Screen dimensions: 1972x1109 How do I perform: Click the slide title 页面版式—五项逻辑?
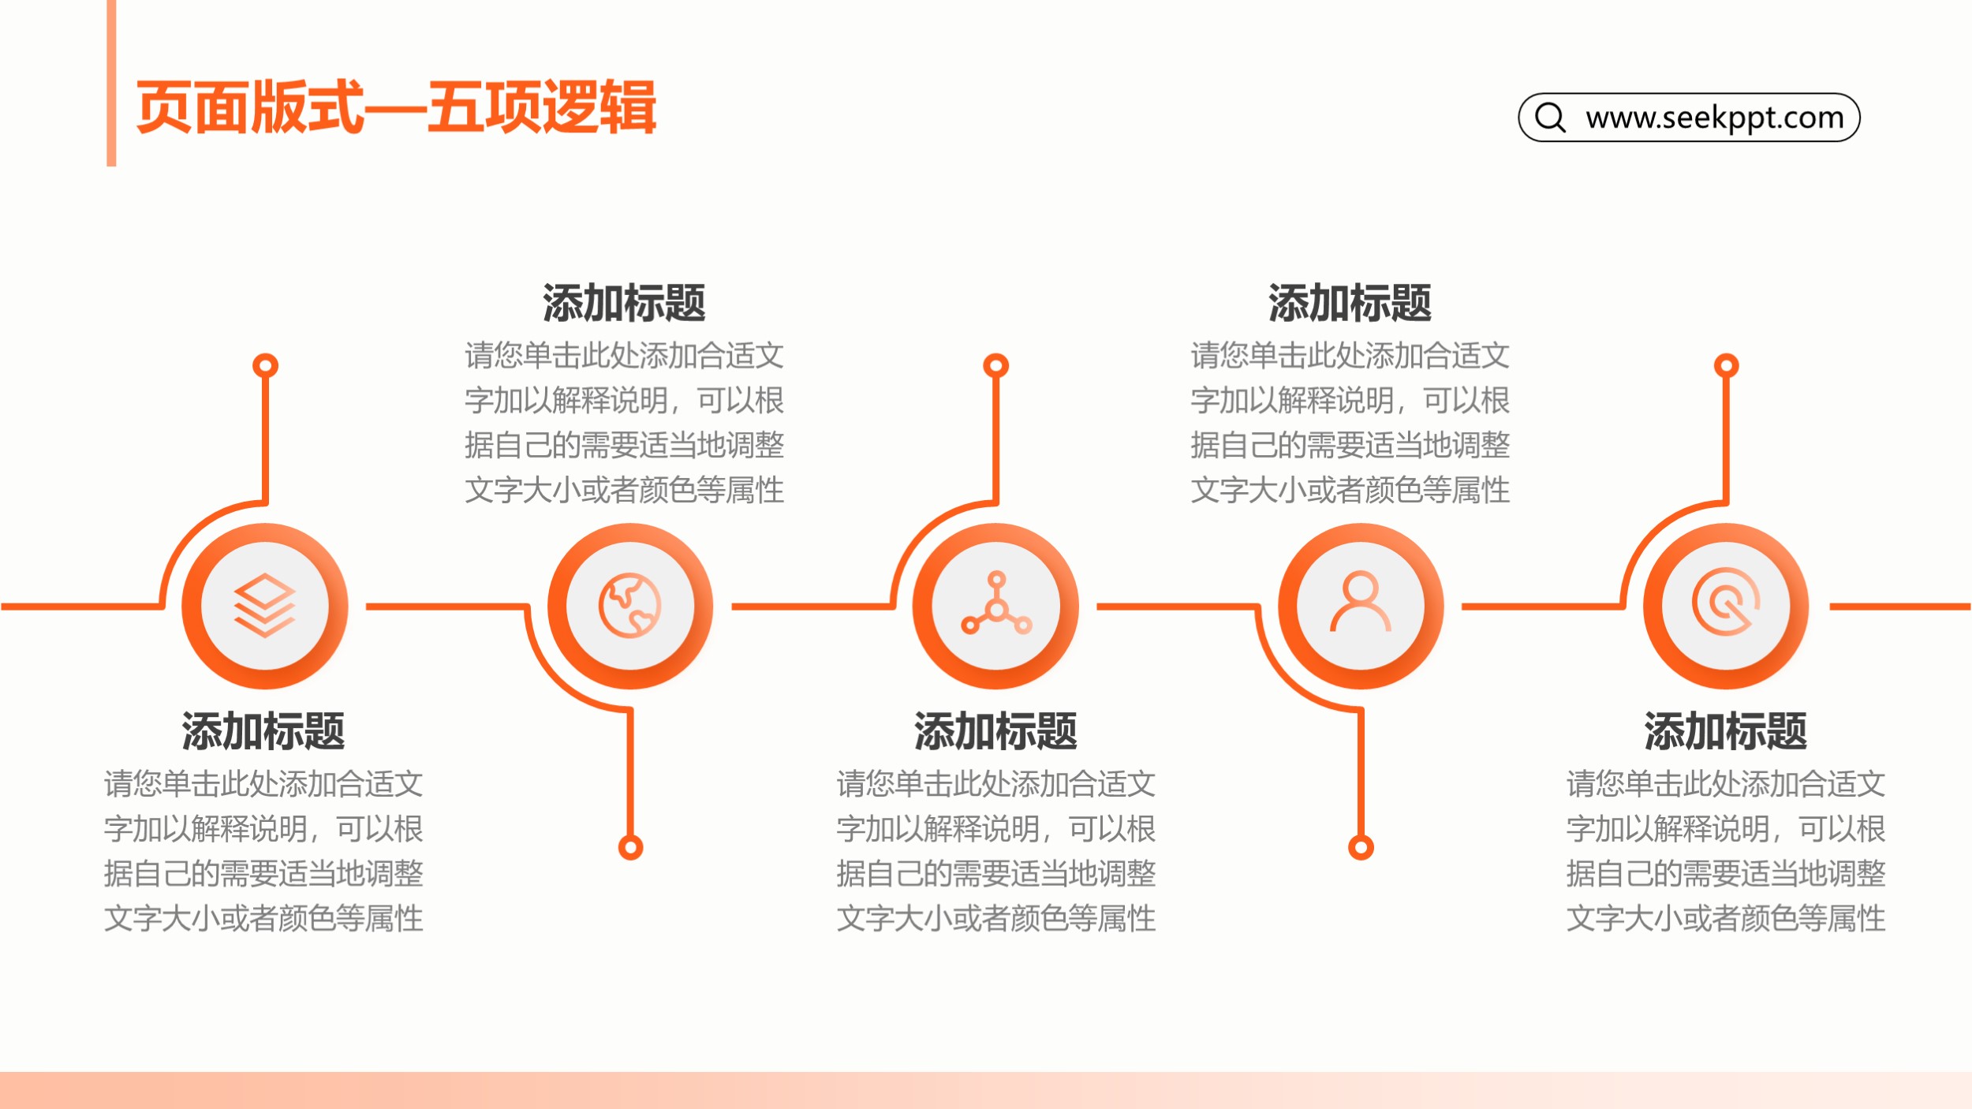click(396, 107)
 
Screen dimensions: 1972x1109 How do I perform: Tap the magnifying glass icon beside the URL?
click(1550, 118)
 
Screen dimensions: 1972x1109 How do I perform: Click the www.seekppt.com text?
click(1715, 118)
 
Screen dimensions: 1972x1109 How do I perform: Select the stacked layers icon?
click(264, 605)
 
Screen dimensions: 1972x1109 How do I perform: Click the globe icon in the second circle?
click(629, 605)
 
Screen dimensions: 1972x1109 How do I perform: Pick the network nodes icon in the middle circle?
click(996, 603)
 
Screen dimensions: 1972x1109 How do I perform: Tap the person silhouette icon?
click(1361, 602)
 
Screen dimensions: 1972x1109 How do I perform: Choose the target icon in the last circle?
click(1726, 602)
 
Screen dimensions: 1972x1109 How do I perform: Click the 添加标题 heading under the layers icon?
click(263, 730)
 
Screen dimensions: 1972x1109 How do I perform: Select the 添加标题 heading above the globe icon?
click(624, 303)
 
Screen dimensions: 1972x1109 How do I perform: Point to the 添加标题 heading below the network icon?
click(995, 730)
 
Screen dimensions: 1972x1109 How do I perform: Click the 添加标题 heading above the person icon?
click(1350, 303)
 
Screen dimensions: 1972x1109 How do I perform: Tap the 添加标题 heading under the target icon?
click(1725, 730)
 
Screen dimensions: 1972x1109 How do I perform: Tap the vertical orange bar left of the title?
click(111, 83)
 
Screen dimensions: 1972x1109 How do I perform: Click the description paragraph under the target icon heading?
click(1725, 851)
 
